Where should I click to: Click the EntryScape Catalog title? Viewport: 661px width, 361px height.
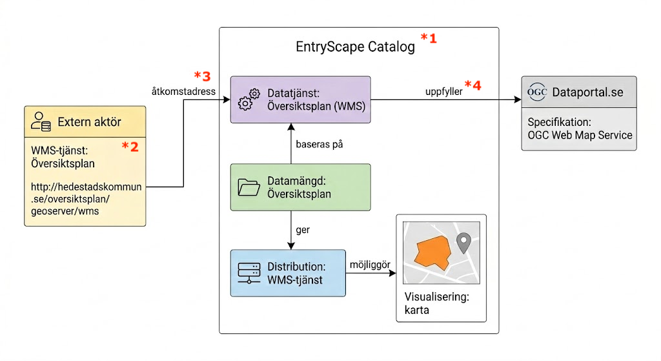point(355,47)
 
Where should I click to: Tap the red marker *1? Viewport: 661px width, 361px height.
point(429,39)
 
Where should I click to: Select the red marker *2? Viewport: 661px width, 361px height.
point(130,147)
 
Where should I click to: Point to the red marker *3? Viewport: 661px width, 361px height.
point(202,76)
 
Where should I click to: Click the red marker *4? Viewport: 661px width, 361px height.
point(473,85)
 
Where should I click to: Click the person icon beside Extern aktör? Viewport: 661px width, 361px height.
point(41,121)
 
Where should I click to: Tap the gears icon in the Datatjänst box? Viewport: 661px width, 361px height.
point(249,100)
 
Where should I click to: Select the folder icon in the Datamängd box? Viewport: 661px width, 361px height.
point(249,187)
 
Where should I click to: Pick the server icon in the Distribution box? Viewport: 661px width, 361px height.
point(249,274)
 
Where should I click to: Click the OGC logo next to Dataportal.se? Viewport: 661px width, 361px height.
point(537,92)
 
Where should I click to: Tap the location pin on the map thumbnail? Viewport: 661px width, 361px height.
point(463,242)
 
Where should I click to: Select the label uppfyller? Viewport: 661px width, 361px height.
point(443,92)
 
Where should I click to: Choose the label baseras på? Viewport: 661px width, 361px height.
point(319,144)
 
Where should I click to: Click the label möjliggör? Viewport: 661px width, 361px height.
point(367,264)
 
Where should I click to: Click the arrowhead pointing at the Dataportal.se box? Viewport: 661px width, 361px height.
point(517,100)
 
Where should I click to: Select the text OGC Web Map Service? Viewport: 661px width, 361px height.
point(580,135)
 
